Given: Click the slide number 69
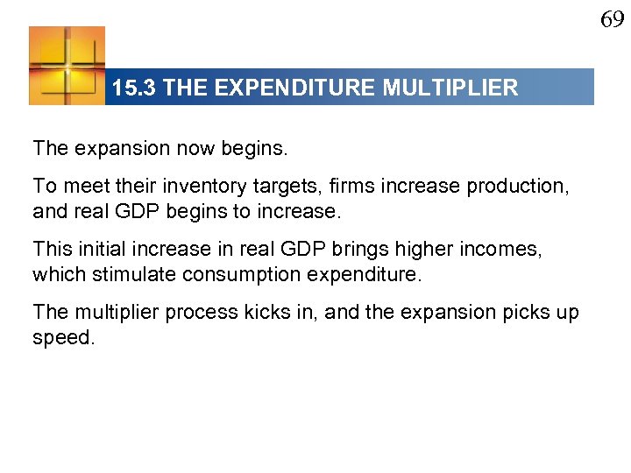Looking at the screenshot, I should (612, 19).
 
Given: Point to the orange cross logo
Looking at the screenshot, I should (67, 66).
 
